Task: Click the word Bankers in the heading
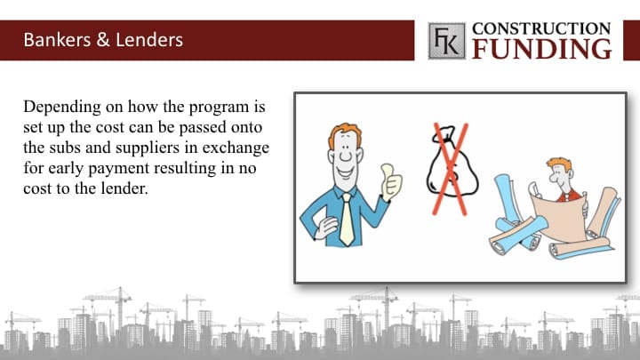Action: coord(57,40)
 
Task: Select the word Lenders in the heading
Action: coord(149,40)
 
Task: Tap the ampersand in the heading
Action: coord(103,40)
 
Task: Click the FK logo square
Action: coord(446,41)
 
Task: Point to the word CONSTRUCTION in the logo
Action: coord(541,29)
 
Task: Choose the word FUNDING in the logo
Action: coord(542,50)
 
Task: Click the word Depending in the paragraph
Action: coord(62,108)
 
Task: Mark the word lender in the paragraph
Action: coord(124,188)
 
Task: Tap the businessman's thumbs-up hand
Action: coord(391,181)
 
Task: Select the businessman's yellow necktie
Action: coord(347,220)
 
